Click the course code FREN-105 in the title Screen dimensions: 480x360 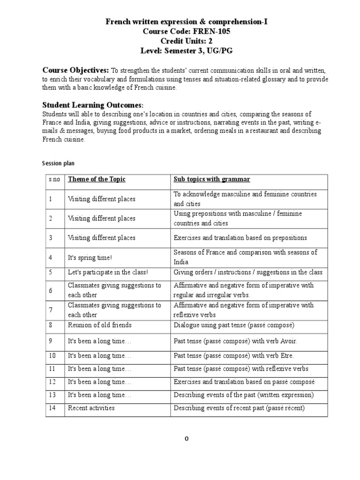[208, 31]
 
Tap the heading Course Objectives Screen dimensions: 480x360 [76, 70]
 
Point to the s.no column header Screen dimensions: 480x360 [54, 180]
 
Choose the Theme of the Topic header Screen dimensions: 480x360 [97, 180]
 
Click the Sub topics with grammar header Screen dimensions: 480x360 [212, 180]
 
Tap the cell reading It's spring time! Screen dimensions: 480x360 [90, 257]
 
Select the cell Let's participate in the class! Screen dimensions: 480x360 [108, 272]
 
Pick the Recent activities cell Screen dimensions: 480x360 [91, 408]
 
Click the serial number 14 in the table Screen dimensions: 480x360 [52, 408]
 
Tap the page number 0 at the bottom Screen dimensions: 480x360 [187, 439]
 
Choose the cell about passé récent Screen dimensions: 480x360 [239, 408]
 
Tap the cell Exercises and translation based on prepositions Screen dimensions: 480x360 [240, 238]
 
